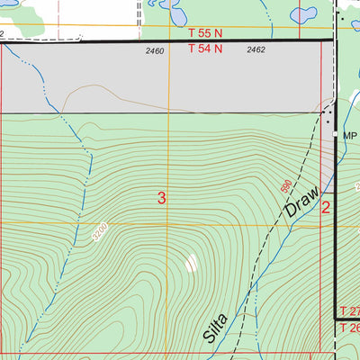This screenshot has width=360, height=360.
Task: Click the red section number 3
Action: pyautogui.click(x=161, y=198)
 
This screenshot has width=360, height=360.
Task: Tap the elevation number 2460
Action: pyautogui.click(x=155, y=51)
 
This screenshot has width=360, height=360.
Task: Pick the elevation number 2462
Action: pyautogui.click(x=256, y=51)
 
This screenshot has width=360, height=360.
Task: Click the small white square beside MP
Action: pyautogui.click(x=336, y=134)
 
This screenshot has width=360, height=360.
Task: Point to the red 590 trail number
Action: pyautogui.click(x=286, y=187)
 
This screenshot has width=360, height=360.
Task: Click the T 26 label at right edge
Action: pyautogui.click(x=349, y=328)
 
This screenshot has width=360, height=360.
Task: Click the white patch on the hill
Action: pyautogui.click(x=192, y=263)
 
